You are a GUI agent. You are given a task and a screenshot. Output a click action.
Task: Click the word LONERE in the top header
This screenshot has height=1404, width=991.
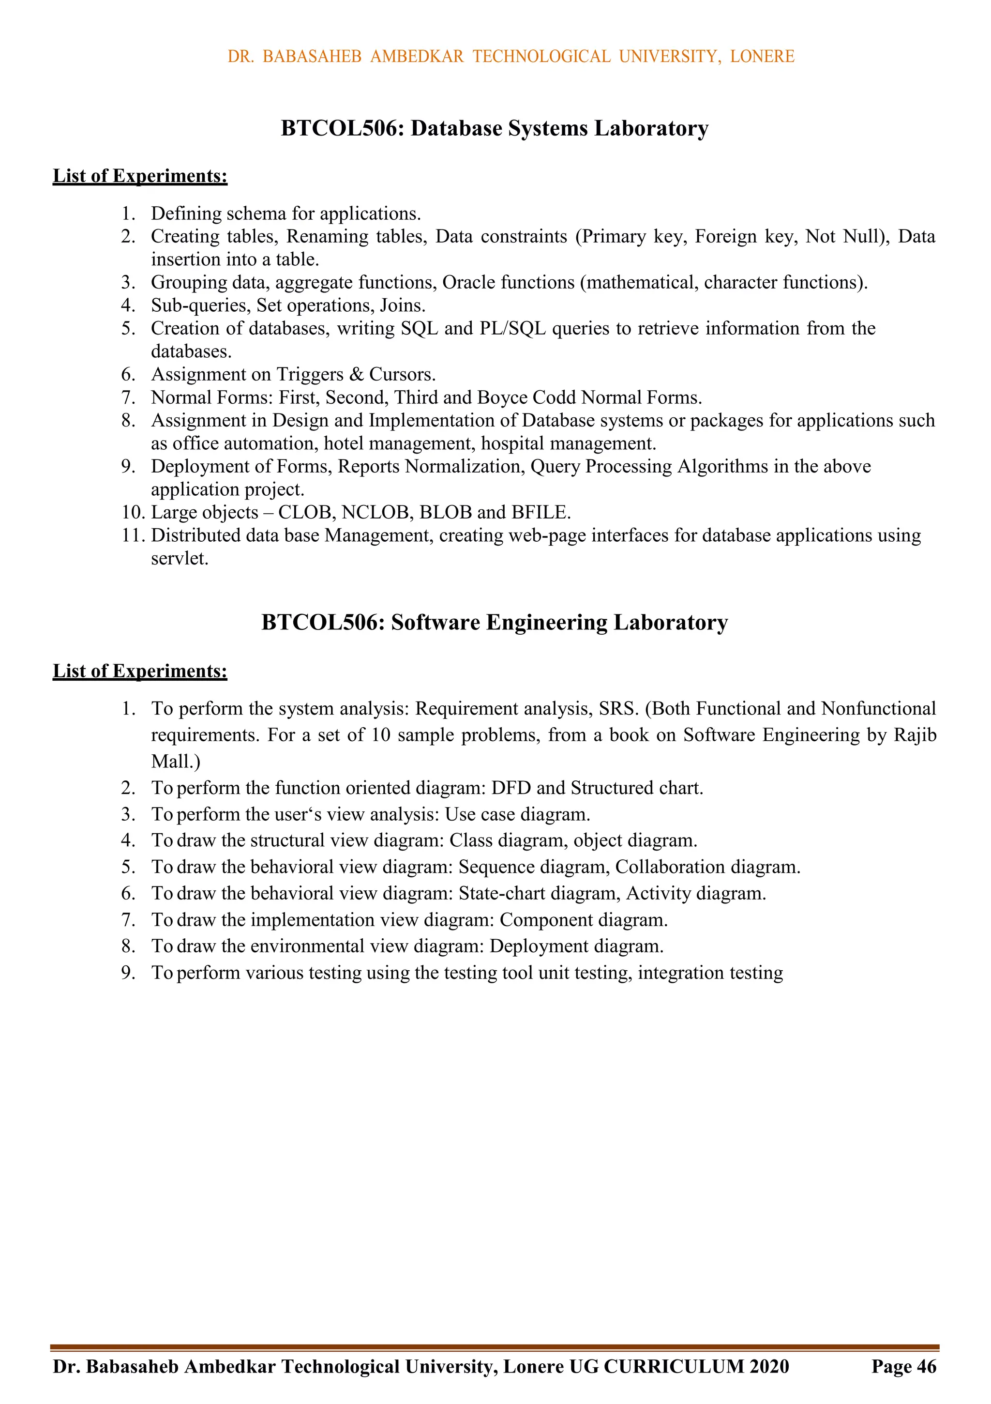click(x=762, y=56)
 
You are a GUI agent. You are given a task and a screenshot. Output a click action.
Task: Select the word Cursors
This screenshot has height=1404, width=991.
click(x=402, y=374)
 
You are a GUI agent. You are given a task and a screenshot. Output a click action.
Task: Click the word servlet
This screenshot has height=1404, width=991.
click(x=179, y=558)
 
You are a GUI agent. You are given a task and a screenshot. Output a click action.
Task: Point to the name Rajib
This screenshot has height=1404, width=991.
click(x=915, y=735)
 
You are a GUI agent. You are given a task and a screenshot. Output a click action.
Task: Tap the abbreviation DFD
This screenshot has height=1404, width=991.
click(x=511, y=788)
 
